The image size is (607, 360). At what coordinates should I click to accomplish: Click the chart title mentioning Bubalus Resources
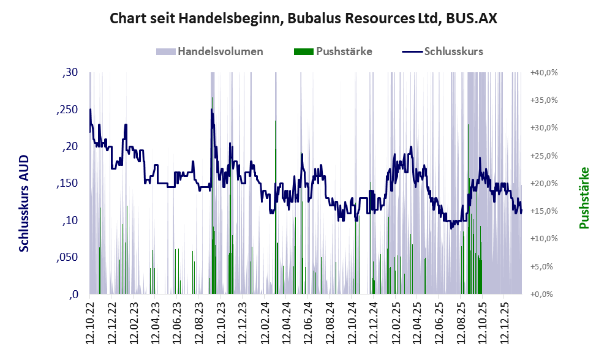(x=303, y=18)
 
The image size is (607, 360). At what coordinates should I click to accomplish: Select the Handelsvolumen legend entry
(x=220, y=51)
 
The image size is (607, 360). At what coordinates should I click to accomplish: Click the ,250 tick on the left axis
(x=68, y=110)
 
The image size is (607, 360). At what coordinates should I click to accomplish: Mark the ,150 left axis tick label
(x=68, y=184)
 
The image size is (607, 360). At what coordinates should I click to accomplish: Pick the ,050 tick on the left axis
(x=68, y=257)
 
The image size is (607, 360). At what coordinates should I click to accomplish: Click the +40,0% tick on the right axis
(x=544, y=72)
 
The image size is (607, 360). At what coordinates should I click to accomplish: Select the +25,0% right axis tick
(x=544, y=156)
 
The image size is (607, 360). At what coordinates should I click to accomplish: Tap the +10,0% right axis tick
(x=544, y=239)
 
